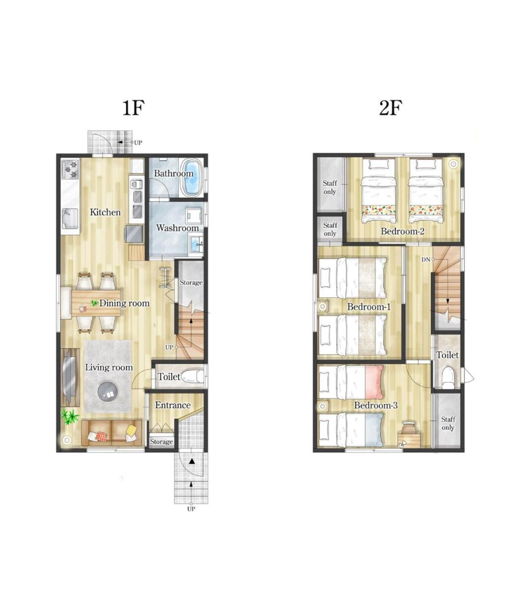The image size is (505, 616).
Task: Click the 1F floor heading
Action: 133,108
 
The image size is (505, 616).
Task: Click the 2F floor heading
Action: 390,108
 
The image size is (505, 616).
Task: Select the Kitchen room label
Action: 105,212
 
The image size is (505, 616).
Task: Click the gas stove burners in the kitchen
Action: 71,169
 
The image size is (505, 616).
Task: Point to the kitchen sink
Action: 70,219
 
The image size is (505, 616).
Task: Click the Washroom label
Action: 177,228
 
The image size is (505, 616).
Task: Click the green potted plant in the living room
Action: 70,416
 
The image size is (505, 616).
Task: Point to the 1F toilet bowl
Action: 193,376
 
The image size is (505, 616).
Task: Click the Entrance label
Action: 173,405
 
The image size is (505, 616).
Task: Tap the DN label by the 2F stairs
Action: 426,260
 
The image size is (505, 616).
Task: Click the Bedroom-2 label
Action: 402,231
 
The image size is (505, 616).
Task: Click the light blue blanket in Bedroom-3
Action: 374,429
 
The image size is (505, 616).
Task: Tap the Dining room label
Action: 125,303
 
